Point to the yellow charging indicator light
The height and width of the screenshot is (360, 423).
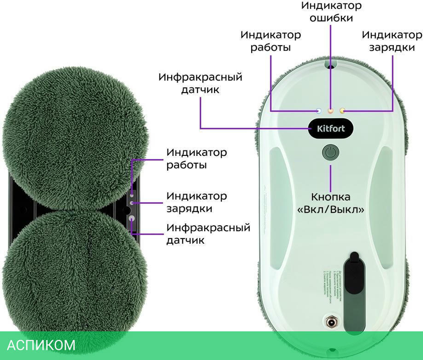343,111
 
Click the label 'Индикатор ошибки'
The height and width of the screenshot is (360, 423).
331,12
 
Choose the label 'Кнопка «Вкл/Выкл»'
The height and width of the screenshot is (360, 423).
331,203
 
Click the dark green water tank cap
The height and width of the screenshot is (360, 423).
354,279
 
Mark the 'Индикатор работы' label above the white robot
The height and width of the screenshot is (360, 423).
270,41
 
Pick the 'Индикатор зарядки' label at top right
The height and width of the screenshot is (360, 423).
391,41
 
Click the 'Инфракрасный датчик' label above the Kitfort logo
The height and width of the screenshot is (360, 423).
201,83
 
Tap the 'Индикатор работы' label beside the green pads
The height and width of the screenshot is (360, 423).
196,158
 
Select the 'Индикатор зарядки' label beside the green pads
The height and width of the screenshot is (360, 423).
196,202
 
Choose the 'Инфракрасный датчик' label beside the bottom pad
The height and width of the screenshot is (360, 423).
208,234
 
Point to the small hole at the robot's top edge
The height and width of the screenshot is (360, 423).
331,65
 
